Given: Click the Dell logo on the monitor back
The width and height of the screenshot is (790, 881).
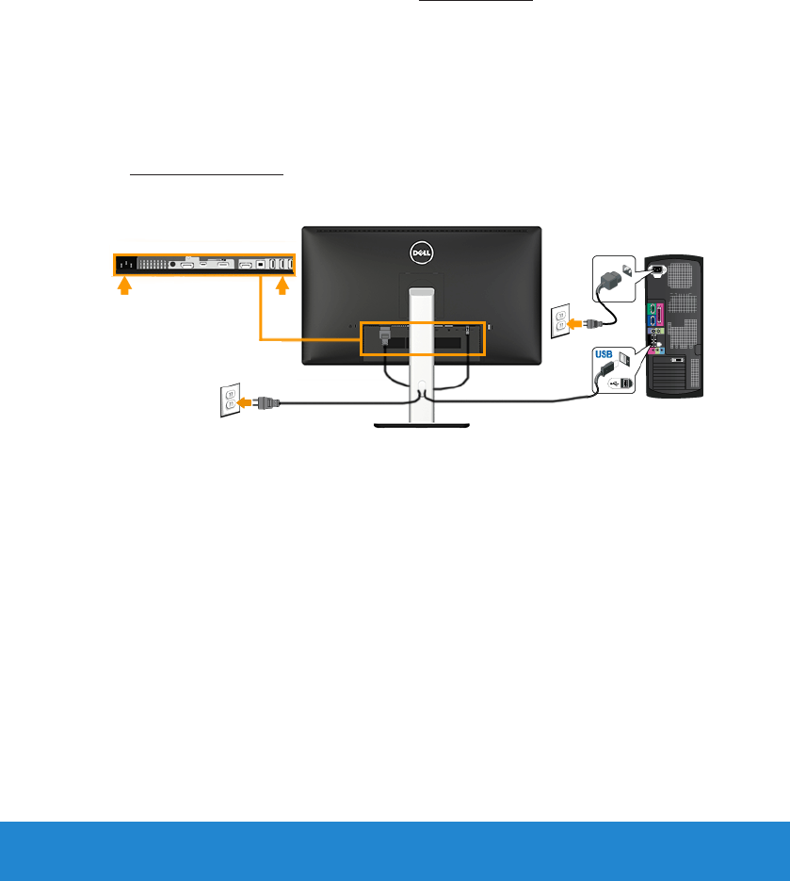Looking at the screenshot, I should (421, 252).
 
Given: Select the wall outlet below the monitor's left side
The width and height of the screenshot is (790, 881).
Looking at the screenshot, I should (229, 400).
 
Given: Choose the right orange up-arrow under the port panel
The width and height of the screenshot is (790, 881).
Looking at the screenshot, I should (282, 287).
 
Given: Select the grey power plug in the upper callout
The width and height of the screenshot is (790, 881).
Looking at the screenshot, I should (611, 280).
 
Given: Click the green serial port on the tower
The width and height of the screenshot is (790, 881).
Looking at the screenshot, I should (651, 306).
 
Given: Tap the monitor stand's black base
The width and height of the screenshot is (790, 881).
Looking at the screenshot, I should (421, 426).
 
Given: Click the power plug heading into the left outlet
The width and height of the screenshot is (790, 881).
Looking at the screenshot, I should (268, 402).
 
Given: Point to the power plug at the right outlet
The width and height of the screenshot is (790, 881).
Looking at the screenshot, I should (592, 323).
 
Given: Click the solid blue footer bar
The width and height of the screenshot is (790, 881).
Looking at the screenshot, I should (395, 851).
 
